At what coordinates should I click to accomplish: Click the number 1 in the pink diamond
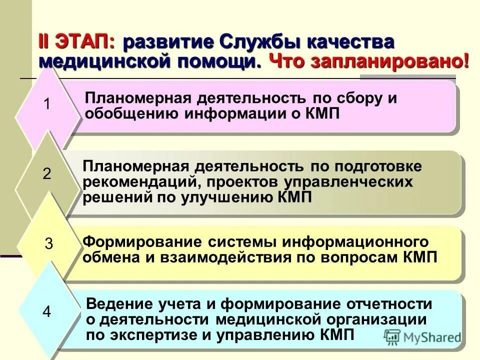[x=47, y=105]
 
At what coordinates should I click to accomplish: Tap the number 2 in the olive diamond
[x=47, y=174]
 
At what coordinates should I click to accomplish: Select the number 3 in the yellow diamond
[x=49, y=244]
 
